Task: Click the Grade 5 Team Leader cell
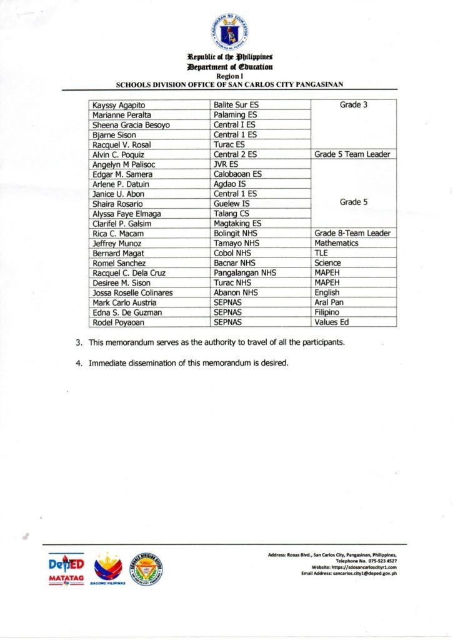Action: coord(352,154)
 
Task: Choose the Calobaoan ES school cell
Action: coord(238,174)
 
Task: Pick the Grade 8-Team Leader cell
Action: coord(352,233)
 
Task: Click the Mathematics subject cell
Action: coord(336,243)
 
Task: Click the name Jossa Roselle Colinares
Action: coord(132,292)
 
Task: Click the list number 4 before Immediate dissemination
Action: coord(79,364)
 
